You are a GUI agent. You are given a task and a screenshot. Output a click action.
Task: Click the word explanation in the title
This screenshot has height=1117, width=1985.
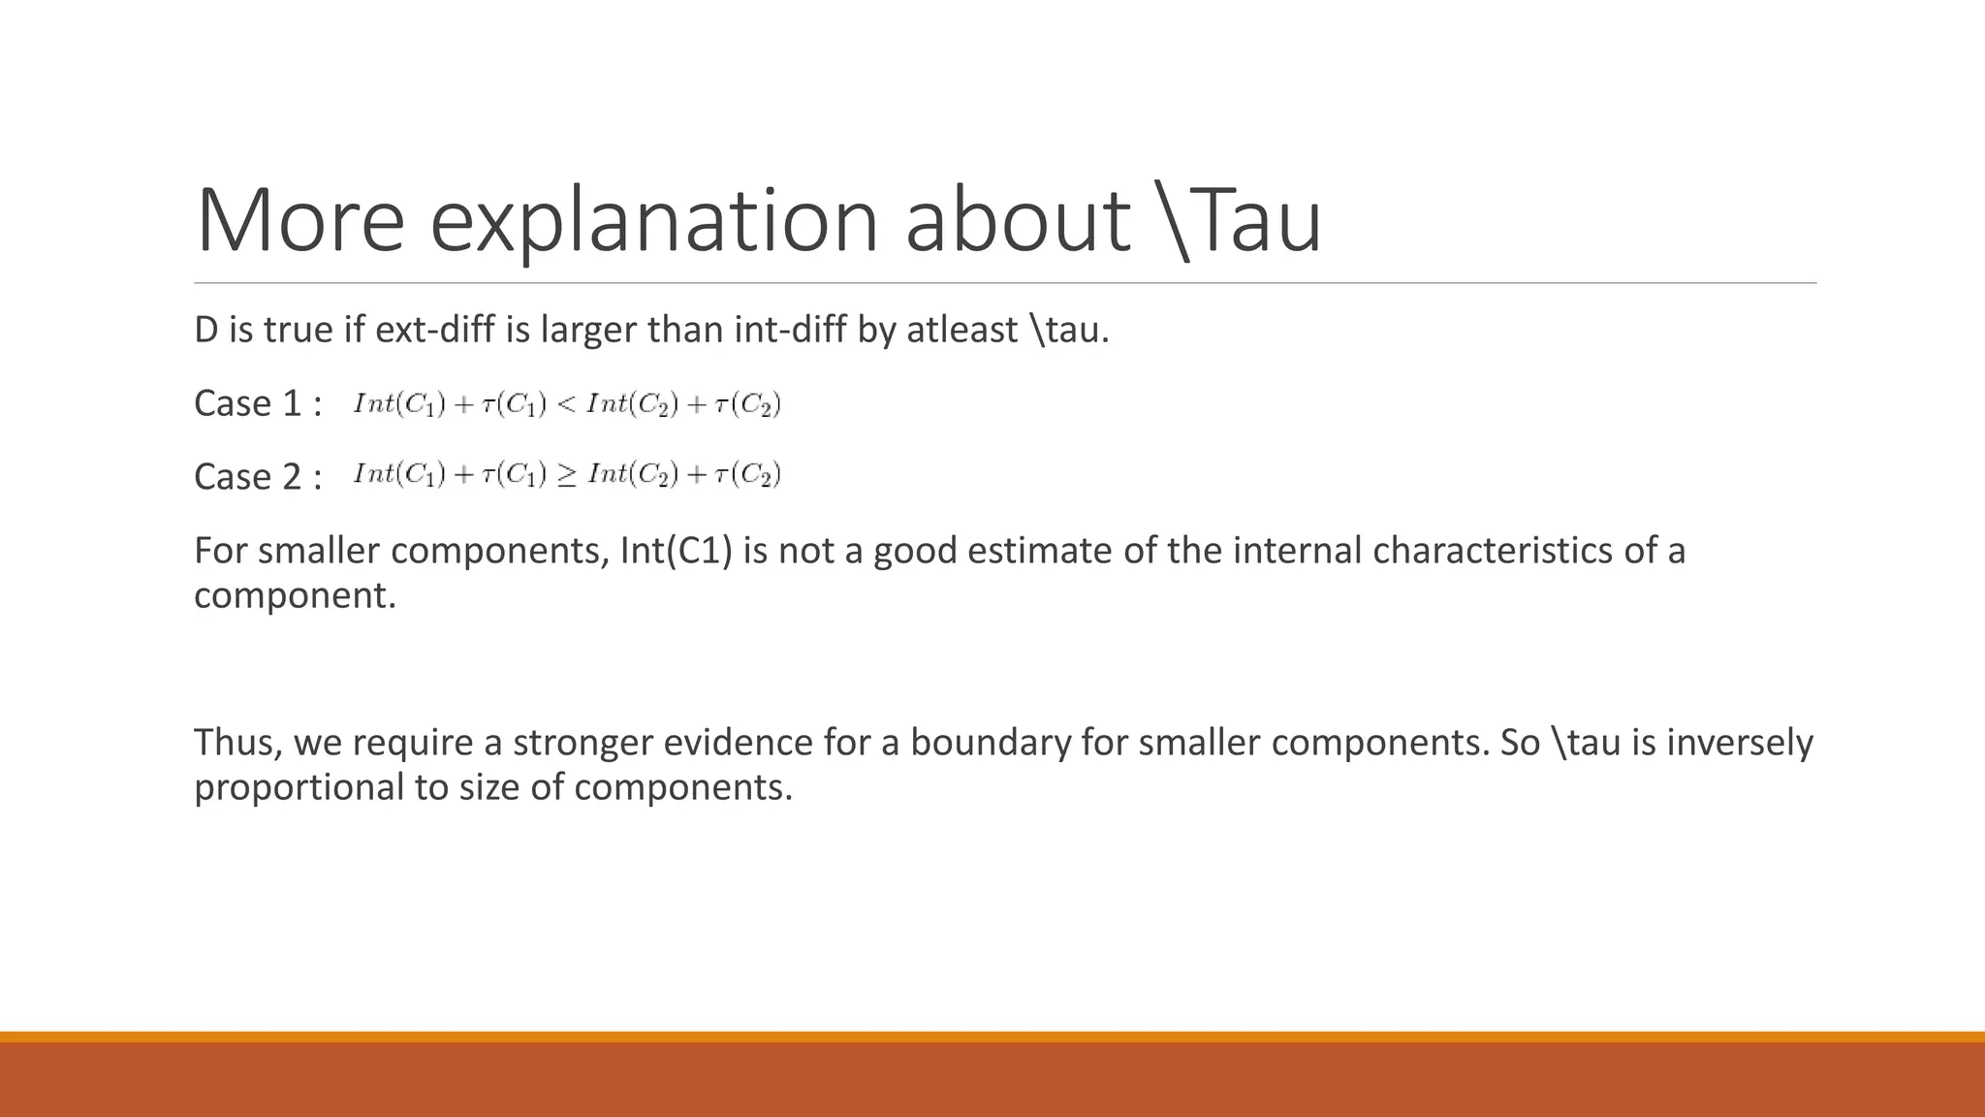pyautogui.click(x=653, y=221)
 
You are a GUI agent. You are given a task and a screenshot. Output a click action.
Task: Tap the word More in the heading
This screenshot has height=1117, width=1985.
pyautogui.click(x=299, y=221)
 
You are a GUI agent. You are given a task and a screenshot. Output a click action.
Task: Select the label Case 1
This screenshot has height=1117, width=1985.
pyautogui.click(x=258, y=403)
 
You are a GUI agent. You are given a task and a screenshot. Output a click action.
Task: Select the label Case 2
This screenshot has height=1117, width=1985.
pyautogui.click(x=258, y=477)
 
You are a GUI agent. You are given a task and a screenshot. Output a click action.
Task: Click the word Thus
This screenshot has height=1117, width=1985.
pyautogui.click(x=237, y=743)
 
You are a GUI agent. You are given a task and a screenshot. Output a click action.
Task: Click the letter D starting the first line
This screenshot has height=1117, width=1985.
pyautogui.click(x=205, y=331)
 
